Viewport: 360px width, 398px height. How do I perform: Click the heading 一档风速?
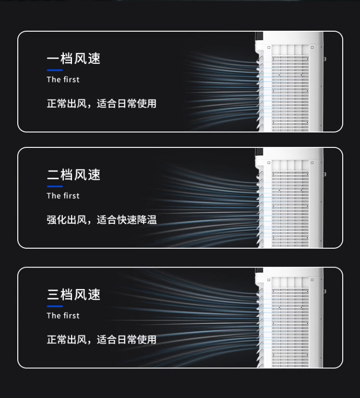(x=73, y=59)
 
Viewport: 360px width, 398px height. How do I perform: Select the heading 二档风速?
(x=73, y=175)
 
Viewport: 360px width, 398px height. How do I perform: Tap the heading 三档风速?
(x=73, y=295)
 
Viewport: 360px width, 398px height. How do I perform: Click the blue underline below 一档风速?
(x=55, y=70)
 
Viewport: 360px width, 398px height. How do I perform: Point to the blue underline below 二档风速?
(x=55, y=186)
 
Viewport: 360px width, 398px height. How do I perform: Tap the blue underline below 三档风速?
(x=55, y=306)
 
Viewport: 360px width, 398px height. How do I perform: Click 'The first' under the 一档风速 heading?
(x=63, y=80)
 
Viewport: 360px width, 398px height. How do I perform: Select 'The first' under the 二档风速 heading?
(x=63, y=196)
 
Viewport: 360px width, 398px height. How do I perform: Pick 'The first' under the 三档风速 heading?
(x=63, y=316)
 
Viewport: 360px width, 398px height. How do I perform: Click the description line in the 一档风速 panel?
(x=101, y=104)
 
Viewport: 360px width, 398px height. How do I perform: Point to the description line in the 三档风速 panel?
(x=101, y=340)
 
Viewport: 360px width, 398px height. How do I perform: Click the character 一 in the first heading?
(x=53, y=59)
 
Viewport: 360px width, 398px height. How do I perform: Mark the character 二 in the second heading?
(x=53, y=175)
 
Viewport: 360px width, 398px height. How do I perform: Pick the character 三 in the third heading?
(x=53, y=295)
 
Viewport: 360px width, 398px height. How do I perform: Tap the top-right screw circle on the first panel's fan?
(x=312, y=48)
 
